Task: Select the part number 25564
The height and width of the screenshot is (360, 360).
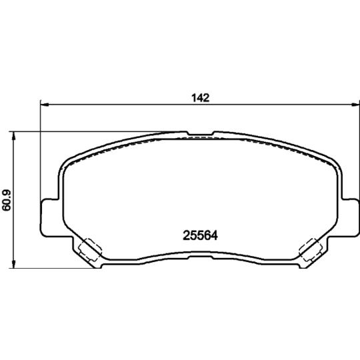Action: [x=201, y=235]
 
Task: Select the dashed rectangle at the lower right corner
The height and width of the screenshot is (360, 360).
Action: [x=308, y=251]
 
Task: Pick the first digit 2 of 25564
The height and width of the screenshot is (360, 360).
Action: [x=187, y=235]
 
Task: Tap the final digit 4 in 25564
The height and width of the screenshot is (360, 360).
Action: [x=215, y=235]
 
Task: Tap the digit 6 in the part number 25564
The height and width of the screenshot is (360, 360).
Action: [x=208, y=235]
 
